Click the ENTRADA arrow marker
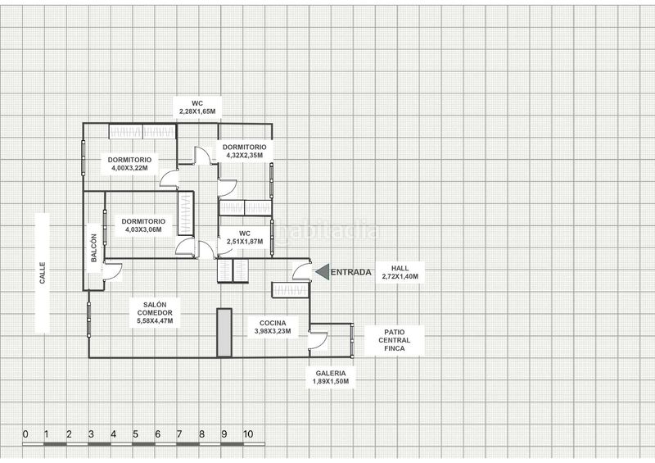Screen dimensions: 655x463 pos(323,272)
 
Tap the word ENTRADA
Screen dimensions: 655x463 pos(351,272)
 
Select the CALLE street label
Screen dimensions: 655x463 pos(43,273)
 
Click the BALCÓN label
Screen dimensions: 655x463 pos(93,248)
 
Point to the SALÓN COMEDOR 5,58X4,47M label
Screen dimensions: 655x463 pos(155,313)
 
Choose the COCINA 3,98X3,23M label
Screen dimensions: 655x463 pos(273,327)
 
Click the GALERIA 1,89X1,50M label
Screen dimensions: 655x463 pos(331,377)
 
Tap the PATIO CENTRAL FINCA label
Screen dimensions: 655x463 pos(395,340)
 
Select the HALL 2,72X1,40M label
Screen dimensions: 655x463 pos(400,272)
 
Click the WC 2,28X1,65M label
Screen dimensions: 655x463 pos(197,107)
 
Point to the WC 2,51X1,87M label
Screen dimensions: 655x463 pos(245,237)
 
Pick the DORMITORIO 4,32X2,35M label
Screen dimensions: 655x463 pos(244,151)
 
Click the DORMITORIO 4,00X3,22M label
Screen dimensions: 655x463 pos(130,164)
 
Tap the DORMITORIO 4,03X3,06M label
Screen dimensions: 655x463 pos(143,225)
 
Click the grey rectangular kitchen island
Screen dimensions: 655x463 pos(224,333)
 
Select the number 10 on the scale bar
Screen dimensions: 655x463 pos(248,434)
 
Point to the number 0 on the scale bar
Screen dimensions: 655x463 pos(25,434)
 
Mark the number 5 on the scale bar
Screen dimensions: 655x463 pos(135,434)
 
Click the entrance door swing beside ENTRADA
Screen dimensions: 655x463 pos(301,271)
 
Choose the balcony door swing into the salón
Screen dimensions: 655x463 pos(112,271)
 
